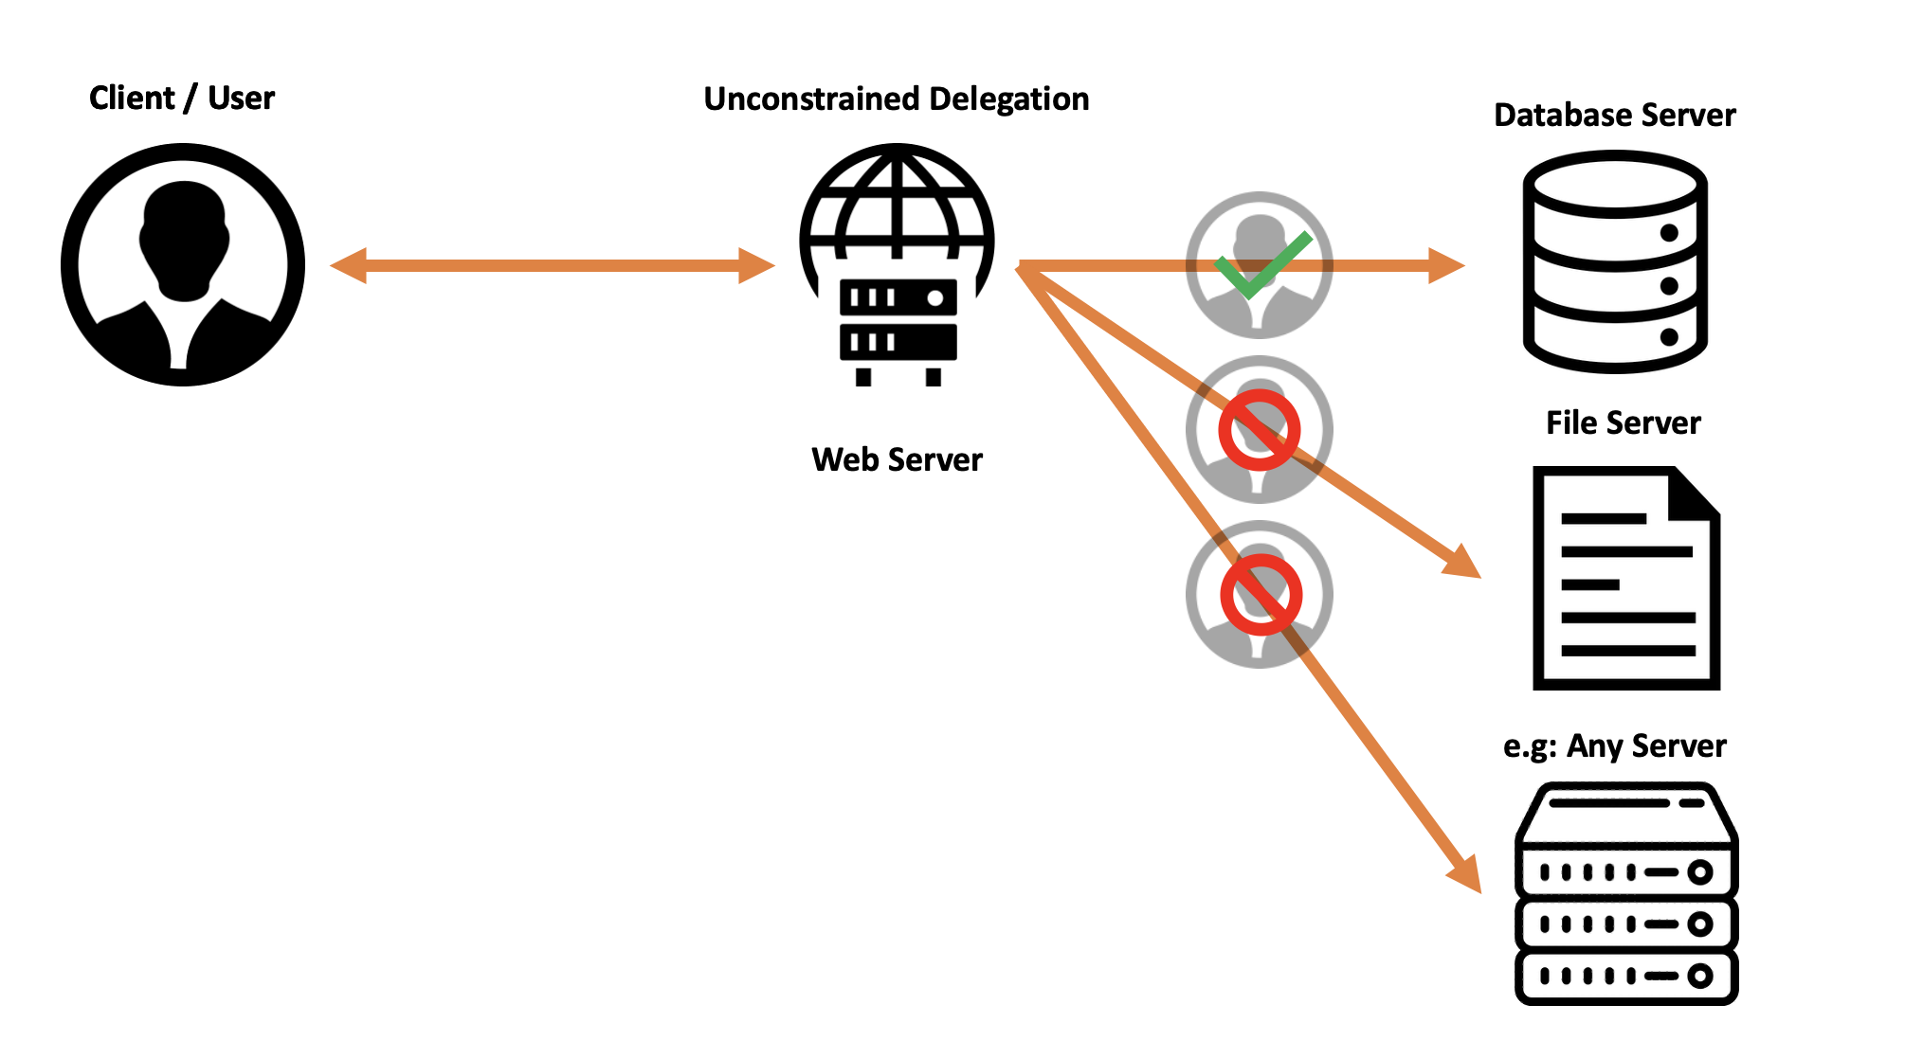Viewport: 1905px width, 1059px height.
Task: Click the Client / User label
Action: click(x=181, y=98)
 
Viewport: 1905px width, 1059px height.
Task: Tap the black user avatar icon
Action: click(x=183, y=264)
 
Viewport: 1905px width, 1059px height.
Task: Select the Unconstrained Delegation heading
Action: click(x=896, y=99)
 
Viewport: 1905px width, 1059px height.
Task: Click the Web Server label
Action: click(x=897, y=459)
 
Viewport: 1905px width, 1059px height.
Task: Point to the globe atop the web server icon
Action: click(x=897, y=204)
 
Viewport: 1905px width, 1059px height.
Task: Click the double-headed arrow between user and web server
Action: click(x=552, y=265)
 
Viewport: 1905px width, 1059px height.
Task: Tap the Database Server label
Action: click(x=1614, y=115)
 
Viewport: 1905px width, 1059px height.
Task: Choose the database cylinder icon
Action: click(x=1615, y=262)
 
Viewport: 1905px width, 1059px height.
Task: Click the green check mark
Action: click(x=1261, y=265)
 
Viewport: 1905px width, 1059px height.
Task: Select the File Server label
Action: click(x=1623, y=422)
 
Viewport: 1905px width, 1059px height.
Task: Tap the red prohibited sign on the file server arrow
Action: click(x=1260, y=430)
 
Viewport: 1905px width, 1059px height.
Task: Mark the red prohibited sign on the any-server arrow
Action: click(x=1261, y=595)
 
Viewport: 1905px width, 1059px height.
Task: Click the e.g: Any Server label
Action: click(x=1614, y=745)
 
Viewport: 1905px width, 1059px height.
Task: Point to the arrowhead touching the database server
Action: click(x=1446, y=265)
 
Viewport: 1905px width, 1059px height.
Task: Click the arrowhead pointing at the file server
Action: click(x=1462, y=561)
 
